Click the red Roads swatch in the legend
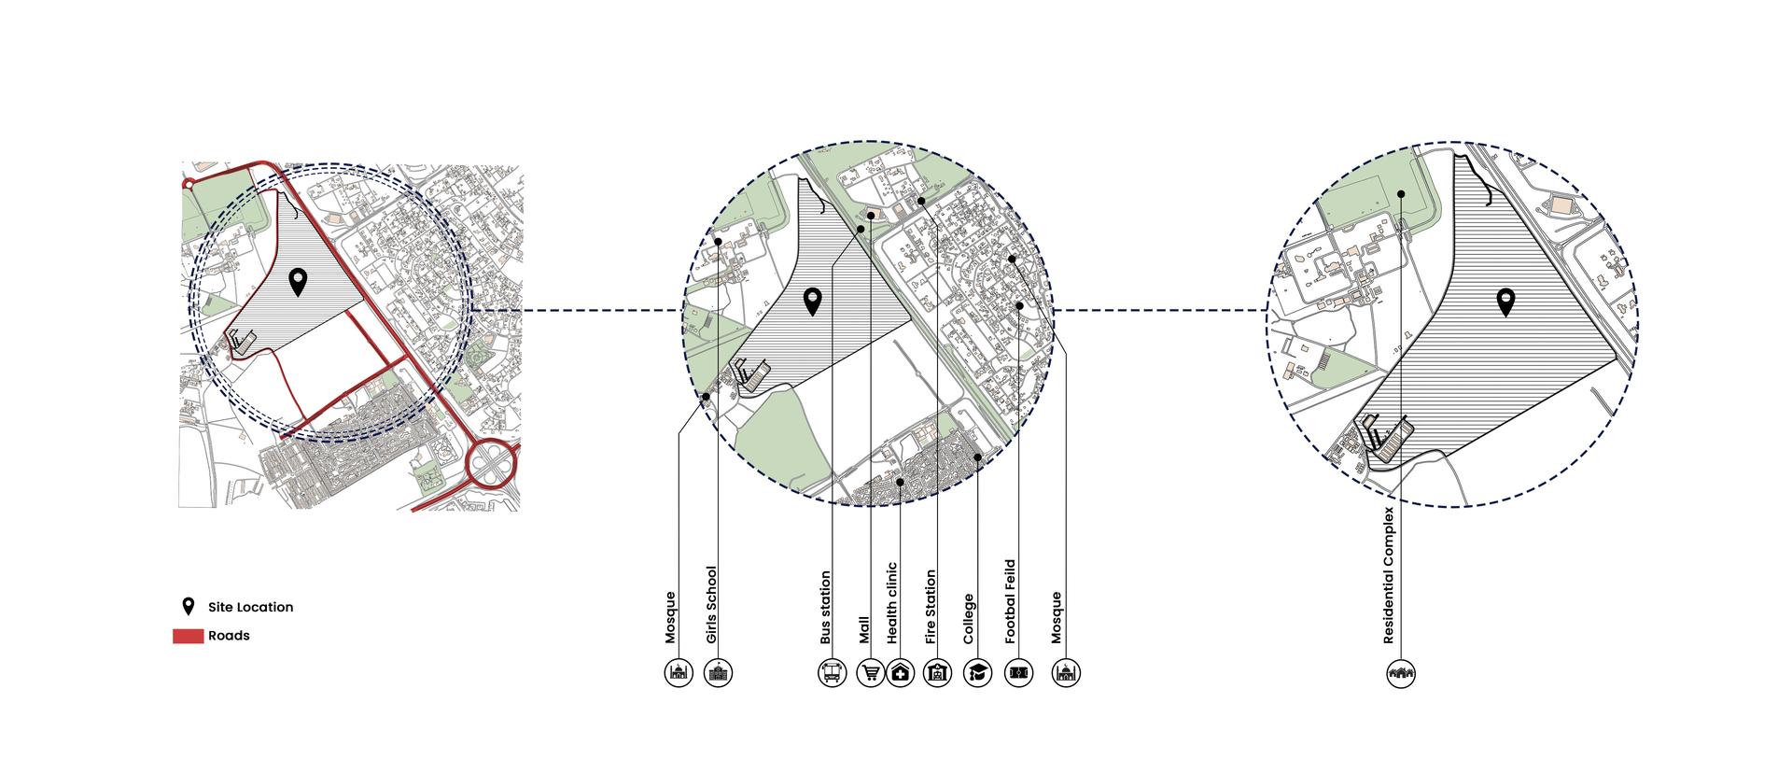[188, 637]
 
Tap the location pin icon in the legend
[189, 607]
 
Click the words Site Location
[250, 607]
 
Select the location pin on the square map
[298, 282]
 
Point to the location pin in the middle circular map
[813, 301]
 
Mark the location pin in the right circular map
[1505, 302]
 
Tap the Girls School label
[712, 605]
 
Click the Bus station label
[825, 608]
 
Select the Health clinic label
[892, 603]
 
